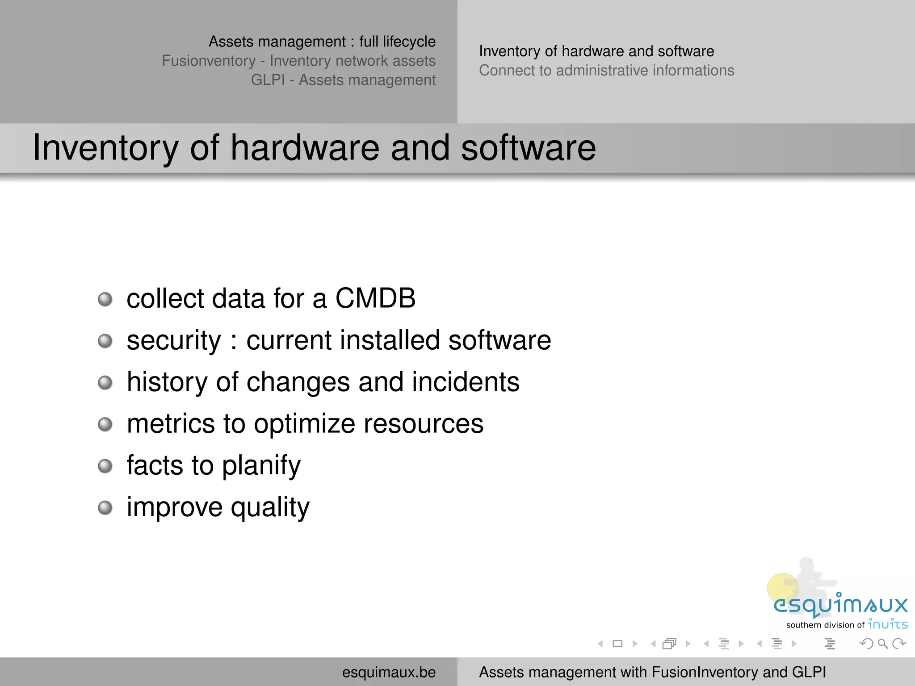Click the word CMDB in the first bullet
(x=375, y=298)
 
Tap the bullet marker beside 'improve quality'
(x=105, y=508)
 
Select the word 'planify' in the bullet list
(x=261, y=466)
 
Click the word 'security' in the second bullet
(x=174, y=341)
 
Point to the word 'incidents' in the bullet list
(x=466, y=382)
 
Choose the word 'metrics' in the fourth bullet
(x=171, y=424)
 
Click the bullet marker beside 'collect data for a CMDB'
(x=105, y=299)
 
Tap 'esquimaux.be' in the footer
(x=389, y=672)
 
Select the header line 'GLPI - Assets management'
(x=343, y=80)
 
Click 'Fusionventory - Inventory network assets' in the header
(x=298, y=61)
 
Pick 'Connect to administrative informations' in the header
(x=606, y=71)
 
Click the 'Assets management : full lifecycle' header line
(x=322, y=42)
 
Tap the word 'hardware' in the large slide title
(x=304, y=148)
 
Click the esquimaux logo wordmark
(x=840, y=605)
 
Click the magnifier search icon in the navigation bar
(x=882, y=644)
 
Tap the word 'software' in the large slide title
(x=528, y=148)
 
